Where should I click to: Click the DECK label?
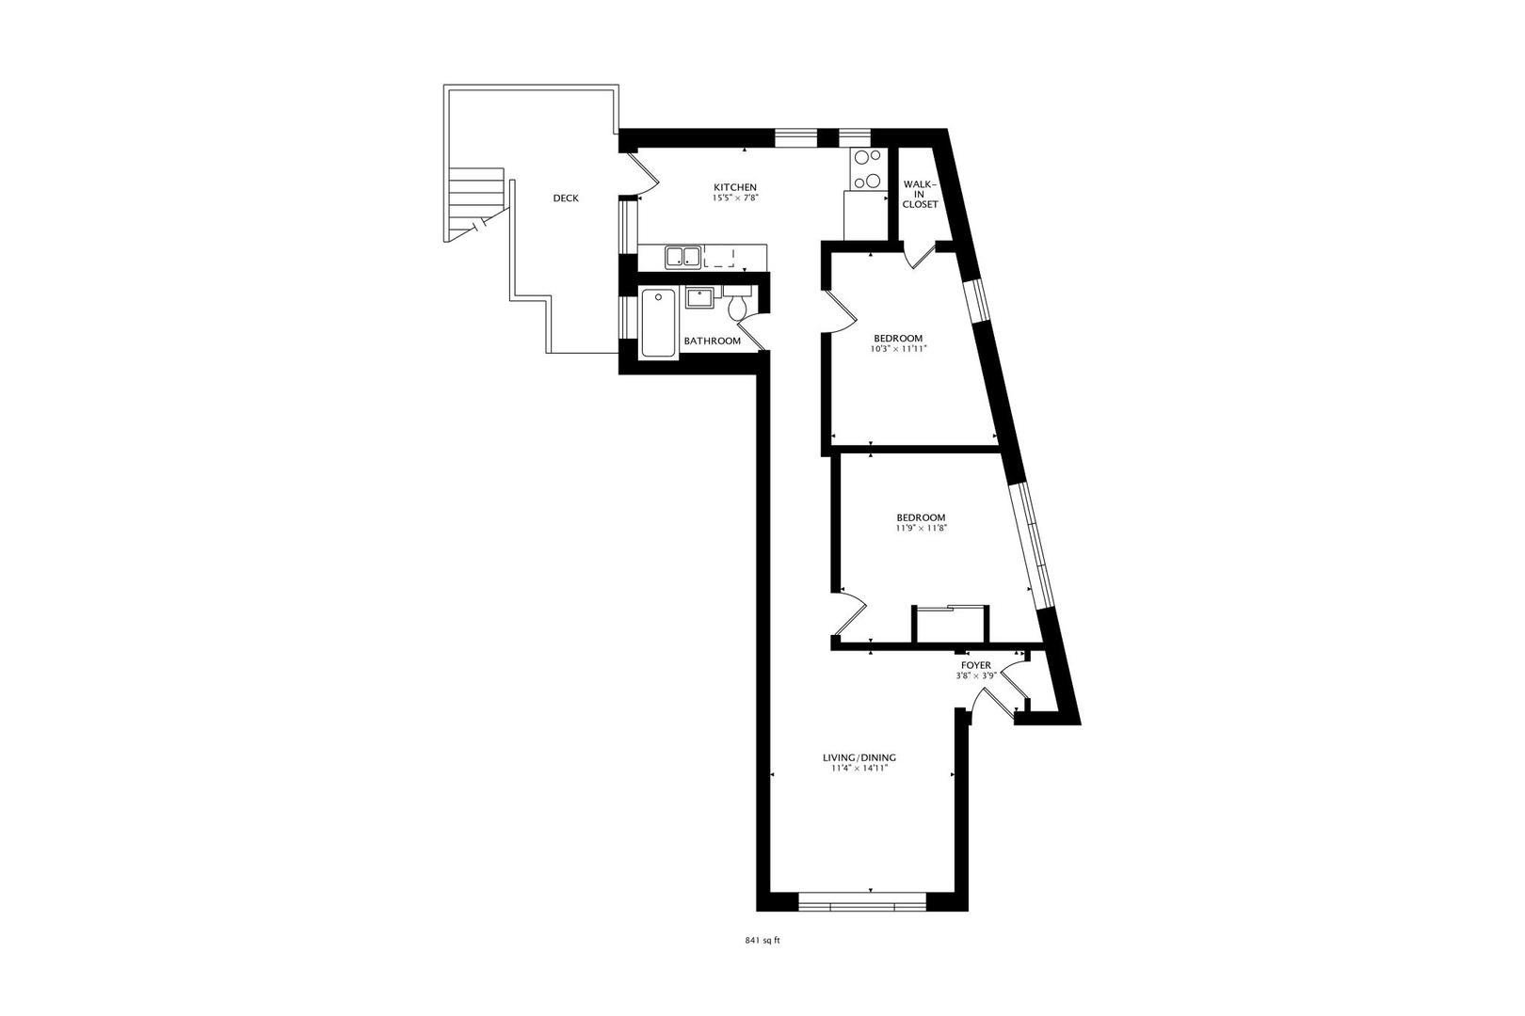566,198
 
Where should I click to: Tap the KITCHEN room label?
734,187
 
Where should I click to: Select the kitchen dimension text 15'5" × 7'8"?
734,198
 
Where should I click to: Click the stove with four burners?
867,170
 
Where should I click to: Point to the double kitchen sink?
682,256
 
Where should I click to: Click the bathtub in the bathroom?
658,324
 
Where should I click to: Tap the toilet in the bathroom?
738,306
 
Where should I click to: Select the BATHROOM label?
712,341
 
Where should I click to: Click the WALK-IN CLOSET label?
920,194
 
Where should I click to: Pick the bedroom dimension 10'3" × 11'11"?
897,349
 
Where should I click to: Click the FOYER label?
975,665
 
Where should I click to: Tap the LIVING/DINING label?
859,757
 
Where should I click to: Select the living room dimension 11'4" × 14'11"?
859,769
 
